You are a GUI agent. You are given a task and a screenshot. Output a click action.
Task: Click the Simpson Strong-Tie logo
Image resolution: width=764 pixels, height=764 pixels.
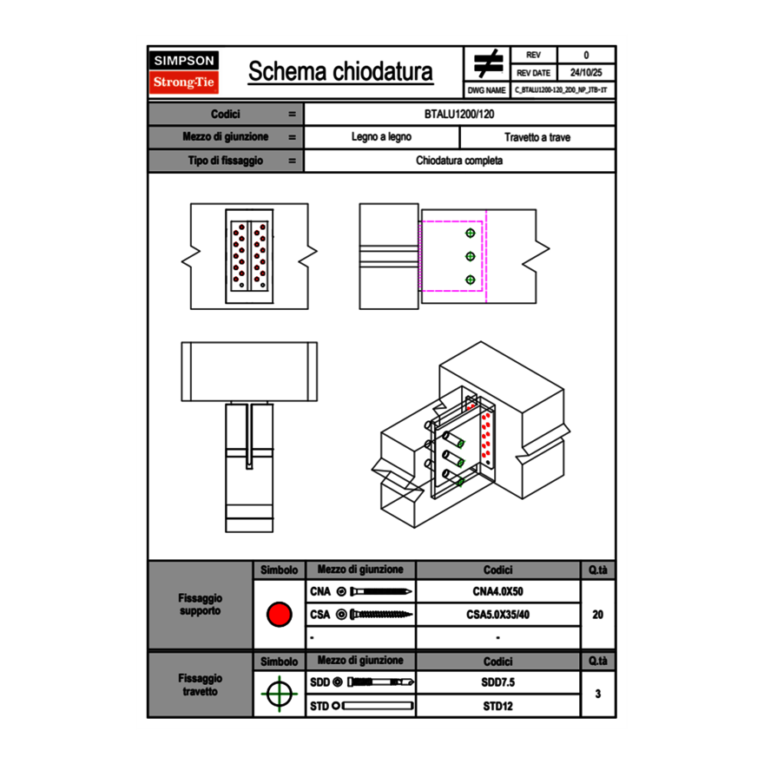click(185, 72)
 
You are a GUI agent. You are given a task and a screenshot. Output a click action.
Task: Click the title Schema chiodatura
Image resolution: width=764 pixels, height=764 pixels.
click(340, 72)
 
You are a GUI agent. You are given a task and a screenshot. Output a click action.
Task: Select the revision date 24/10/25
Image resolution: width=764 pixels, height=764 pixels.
click(586, 73)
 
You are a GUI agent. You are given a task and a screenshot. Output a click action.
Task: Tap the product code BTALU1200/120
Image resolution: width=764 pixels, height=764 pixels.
click(460, 115)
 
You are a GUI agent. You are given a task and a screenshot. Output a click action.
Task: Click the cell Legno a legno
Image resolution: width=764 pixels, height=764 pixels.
click(382, 137)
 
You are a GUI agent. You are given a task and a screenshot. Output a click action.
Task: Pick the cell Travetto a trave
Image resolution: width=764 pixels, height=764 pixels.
click(537, 137)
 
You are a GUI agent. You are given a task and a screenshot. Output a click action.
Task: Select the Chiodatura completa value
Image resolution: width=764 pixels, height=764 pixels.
click(460, 161)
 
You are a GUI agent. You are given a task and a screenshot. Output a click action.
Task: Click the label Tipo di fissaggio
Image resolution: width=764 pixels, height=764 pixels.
click(226, 161)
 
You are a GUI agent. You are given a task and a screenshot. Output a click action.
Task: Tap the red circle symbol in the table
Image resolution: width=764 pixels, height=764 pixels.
click(279, 615)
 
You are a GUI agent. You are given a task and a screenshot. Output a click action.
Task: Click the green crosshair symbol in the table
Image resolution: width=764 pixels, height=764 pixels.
click(279, 694)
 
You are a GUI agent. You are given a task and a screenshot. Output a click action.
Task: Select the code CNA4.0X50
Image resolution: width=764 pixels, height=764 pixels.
click(497, 592)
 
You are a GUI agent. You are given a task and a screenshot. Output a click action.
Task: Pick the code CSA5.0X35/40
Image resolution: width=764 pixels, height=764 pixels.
click(497, 615)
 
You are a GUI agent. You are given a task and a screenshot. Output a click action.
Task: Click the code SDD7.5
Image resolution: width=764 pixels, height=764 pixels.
click(497, 682)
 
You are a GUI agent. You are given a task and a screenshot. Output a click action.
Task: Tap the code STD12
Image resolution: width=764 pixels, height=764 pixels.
click(497, 706)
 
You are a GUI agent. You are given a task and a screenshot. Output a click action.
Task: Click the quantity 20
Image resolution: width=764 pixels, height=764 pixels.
click(597, 615)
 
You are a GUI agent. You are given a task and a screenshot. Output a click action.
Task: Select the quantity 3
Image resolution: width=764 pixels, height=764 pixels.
click(597, 694)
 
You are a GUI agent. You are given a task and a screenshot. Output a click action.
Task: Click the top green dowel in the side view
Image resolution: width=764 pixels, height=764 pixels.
click(471, 233)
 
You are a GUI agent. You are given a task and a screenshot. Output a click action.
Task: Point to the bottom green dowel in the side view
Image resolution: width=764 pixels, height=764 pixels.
click(471, 280)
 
